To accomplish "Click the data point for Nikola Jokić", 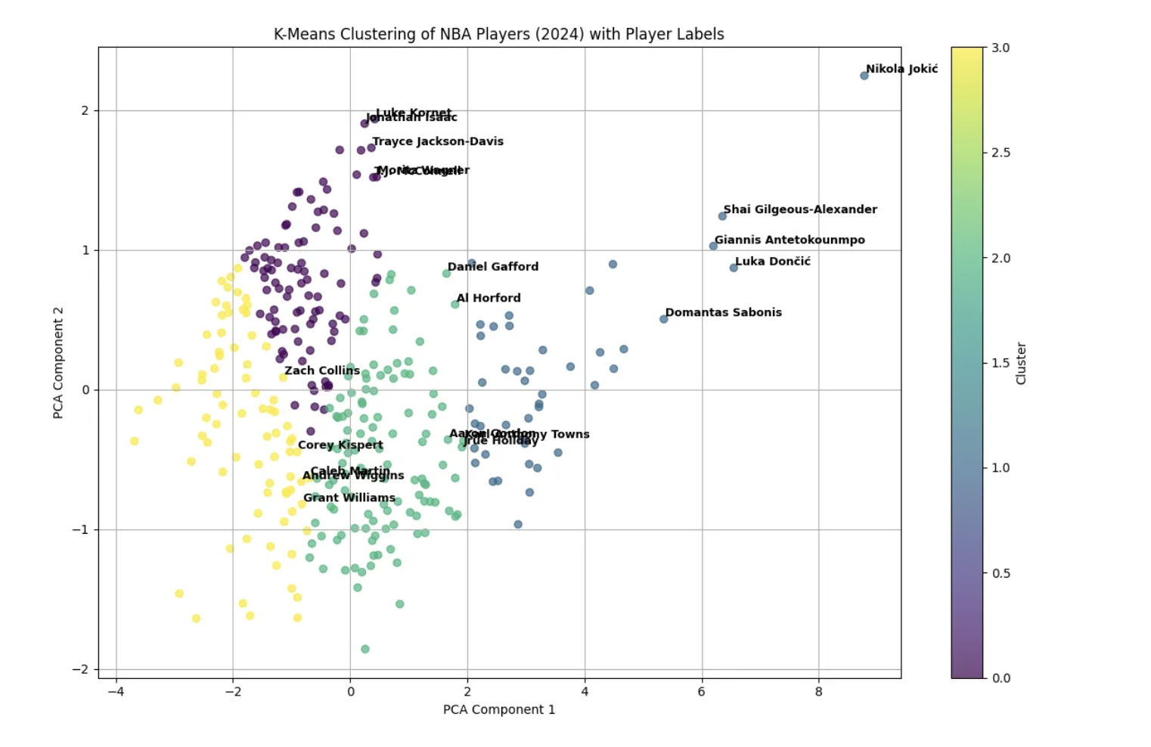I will (x=864, y=76).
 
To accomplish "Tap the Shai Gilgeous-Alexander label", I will (x=799, y=209).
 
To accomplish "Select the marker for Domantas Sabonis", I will (x=663, y=319).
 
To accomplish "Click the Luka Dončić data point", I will (x=733, y=268).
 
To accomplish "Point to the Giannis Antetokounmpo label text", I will (x=789, y=240).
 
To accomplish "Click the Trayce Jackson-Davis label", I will (x=437, y=141).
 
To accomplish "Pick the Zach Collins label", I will (x=321, y=370).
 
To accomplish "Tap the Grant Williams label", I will (x=349, y=497).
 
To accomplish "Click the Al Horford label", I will (x=488, y=298).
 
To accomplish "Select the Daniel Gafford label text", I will (x=492, y=266).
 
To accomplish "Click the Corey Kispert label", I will (x=340, y=445).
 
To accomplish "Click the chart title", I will (x=498, y=34).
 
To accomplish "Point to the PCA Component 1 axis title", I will (x=498, y=709).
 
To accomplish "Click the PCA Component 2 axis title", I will (x=58, y=362).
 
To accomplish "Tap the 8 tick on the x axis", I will (x=818, y=691).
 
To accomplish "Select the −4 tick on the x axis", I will (x=115, y=691).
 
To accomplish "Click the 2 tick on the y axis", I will (x=85, y=110).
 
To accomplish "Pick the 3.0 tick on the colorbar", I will (x=1000, y=48).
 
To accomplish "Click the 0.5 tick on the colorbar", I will (x=1000, y=573).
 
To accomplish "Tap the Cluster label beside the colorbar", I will (x=1021, y=363).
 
